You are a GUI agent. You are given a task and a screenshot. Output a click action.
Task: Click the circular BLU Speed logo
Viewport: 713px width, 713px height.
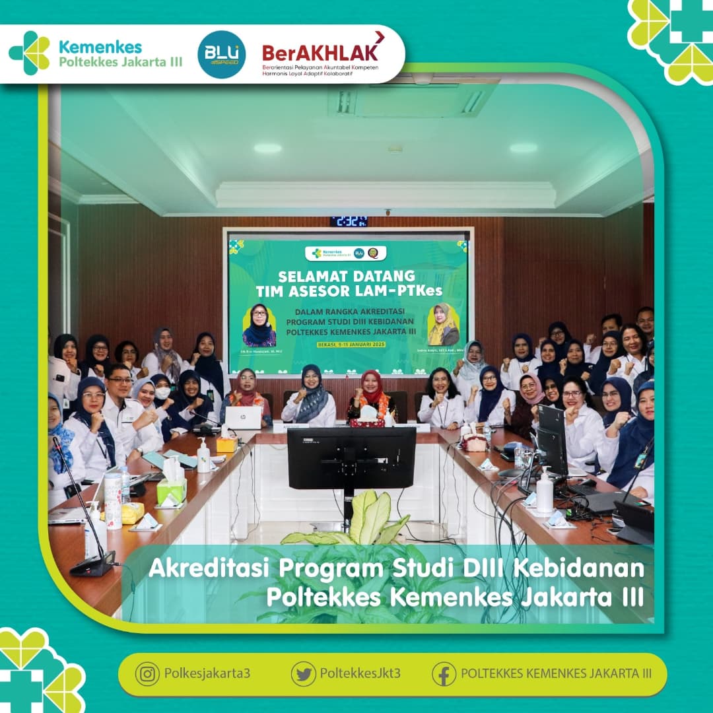point(222,55)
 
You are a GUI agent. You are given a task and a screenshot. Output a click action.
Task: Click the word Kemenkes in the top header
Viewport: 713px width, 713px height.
point(100,47)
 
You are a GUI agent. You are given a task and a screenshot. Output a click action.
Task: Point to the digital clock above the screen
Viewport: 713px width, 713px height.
point(349,221)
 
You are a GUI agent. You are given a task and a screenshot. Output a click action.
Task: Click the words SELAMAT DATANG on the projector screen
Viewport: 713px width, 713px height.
point(347,275)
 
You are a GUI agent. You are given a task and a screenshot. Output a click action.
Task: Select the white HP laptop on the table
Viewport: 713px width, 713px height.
point(243,418)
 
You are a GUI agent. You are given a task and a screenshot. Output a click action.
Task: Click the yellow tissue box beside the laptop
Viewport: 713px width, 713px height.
point(226,444)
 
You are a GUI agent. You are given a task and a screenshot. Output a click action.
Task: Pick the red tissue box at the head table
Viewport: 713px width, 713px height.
point(367,421)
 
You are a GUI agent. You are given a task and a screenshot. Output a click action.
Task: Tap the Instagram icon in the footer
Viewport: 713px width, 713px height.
point(147,674)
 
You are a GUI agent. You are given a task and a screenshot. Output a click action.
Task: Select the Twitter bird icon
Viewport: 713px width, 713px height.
point(303,674)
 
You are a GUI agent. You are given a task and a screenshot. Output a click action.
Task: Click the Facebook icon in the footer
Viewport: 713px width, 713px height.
point(444,674)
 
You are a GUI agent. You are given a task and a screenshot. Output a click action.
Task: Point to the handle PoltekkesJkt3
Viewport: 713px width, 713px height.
point(360,674)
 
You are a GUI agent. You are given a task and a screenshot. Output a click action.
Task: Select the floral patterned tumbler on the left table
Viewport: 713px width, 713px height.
point(113,500)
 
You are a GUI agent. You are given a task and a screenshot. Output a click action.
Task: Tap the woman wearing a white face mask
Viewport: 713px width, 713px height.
point(162,396)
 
